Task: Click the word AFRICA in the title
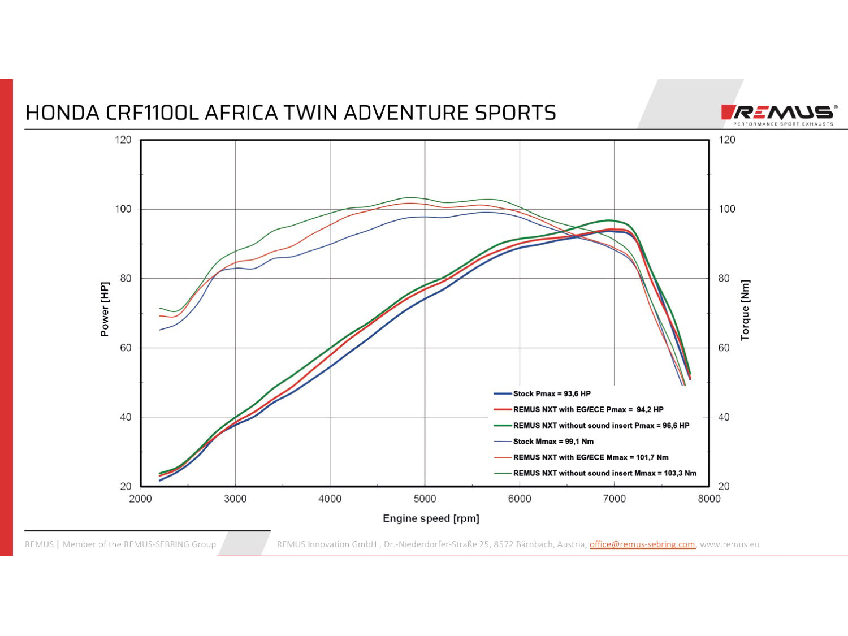(x=240, y=113)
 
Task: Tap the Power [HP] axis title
(x=105, y=309)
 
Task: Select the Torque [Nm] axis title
(x=745, y=310)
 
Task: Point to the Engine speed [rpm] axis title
(x=431, y=518)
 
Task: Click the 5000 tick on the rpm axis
(x=425, y=499)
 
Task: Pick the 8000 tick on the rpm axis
(x=709, y=499)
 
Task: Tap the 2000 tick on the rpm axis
(x=140, y=499)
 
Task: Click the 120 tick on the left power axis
(x=123, y=140)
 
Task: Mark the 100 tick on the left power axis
(x=123, y=209)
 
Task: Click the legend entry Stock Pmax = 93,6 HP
(x=551, y=393)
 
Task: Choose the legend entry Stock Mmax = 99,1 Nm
(x=553, y=442)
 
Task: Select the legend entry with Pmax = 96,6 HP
(x=601, y=426)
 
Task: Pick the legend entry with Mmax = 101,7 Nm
(x=590, y=457)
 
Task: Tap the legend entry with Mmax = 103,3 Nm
(x=604, y=473)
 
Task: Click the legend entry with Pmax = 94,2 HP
(x=588, y=409)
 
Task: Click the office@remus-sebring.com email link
(x=642, y=544)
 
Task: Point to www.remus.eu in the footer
(x=729, y=544)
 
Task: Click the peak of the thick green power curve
(x=609, y=220)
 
